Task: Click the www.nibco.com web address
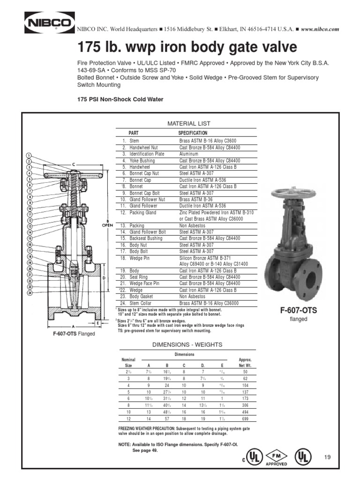pyautogui.click(x=319, y=29)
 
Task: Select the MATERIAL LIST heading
pyautogui.click(x=186, y=123)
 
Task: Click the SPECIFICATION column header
pyautogui.click(x=193, y=133)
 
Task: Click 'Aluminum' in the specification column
pyautogui.click(x=188, y=154)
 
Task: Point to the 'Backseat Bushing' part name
pyautogui.click(x=145, y=238)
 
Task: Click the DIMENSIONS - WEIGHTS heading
pyautogui.click(x=186, y=345)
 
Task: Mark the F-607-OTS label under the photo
pyautogui.click(x=298, y=311)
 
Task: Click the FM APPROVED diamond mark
pyautogui.click(x=276, y=457)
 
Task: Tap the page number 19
pyautogui.click(x=327, y=457)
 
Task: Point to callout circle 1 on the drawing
pyautogui.click(x=29, y=156)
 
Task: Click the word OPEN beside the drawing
pyautogui.click(x=108, y=225)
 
